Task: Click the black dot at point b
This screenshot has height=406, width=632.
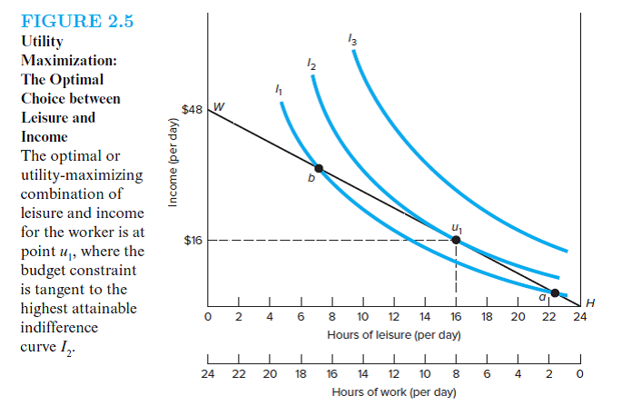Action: point(319,168)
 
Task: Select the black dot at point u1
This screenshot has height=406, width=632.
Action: point(456,240)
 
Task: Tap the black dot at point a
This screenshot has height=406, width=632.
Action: point(555,292)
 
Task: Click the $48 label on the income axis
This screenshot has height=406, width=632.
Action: point(193,108)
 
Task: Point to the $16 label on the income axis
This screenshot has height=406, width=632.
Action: point(193,241)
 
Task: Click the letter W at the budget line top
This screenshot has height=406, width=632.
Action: point(219,106)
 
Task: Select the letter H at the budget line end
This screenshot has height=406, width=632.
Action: point(592,302)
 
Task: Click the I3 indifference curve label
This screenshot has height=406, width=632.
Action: point(352,38)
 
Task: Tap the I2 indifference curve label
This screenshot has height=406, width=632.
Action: point(311,64)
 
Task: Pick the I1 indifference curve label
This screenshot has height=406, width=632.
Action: point(279,89)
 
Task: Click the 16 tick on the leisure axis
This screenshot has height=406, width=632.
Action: point(455,317)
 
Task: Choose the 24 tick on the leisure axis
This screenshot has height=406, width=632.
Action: point(579,317)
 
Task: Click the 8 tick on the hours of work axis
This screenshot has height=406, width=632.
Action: point(455,373)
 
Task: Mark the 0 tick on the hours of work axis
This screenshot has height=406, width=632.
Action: point(579,373)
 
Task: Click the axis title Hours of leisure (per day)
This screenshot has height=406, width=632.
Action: point(393,335)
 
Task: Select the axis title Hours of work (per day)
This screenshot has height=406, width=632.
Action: point(393,391)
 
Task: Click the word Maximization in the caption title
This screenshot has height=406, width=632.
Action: point(67,60)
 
